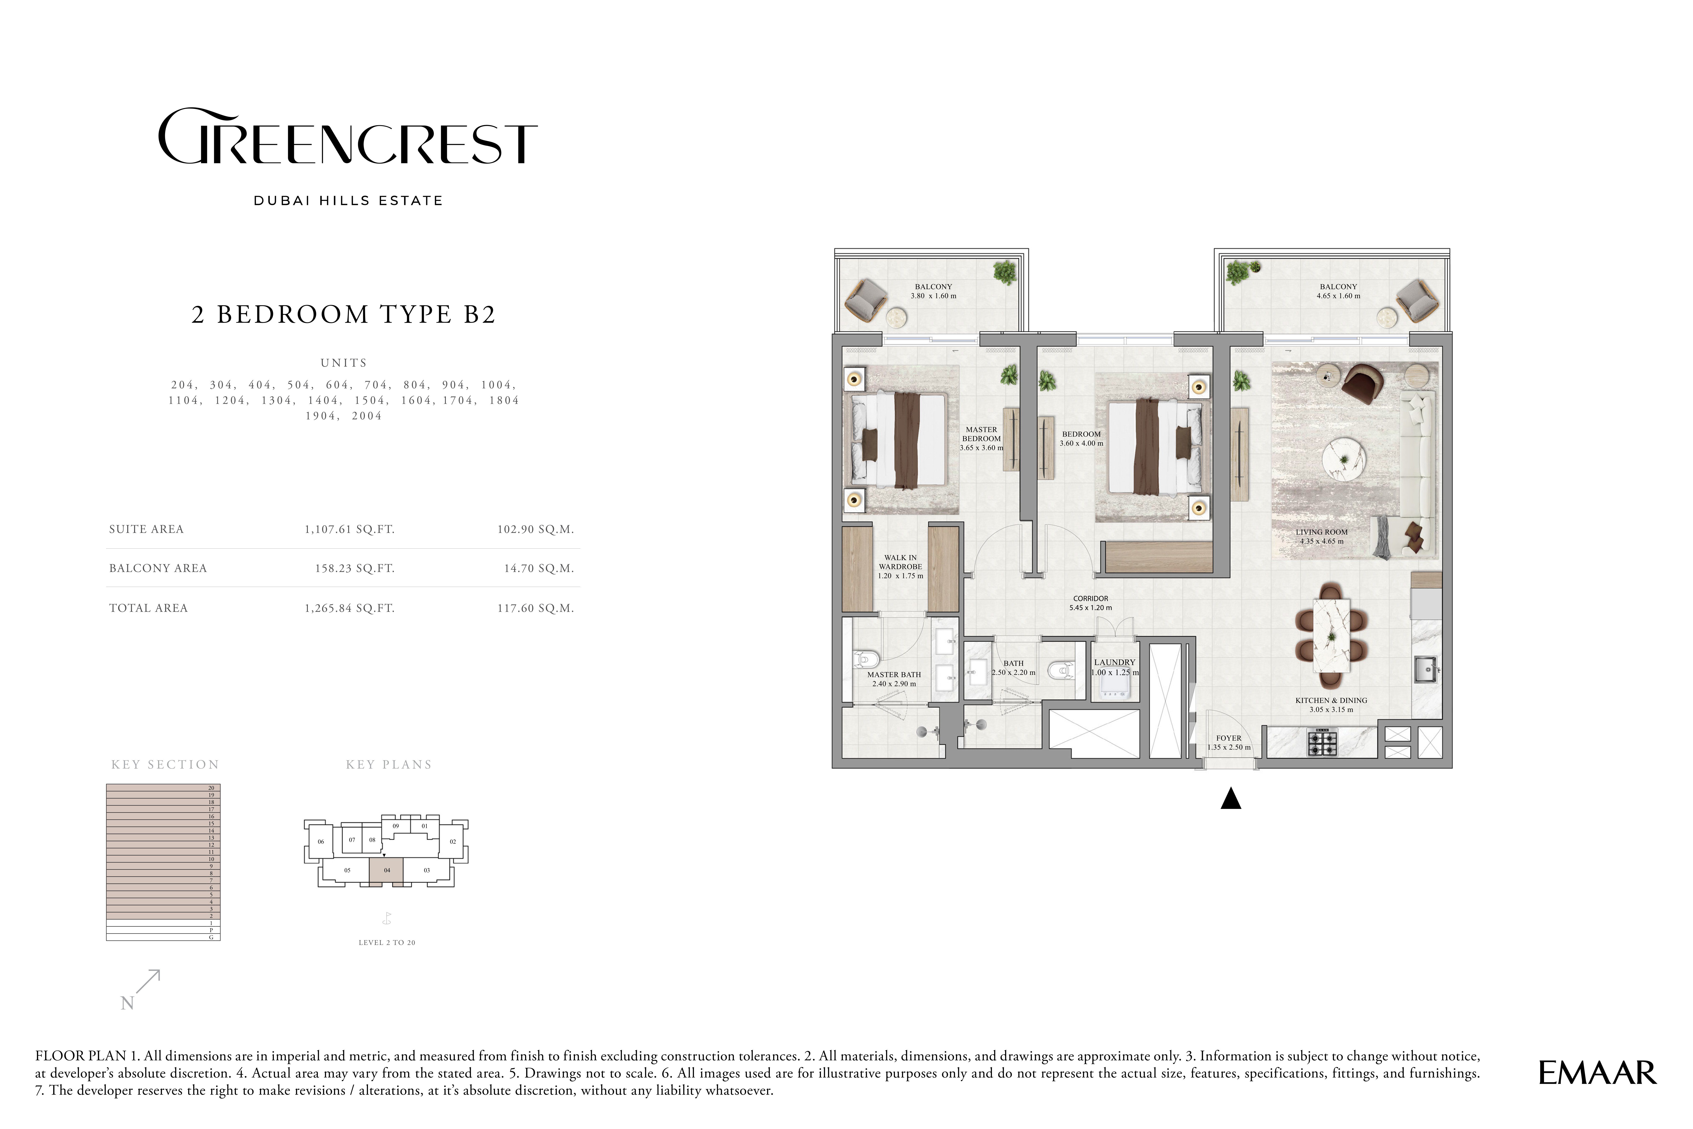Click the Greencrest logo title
coord(347,137)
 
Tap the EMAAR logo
coord(1597,1073)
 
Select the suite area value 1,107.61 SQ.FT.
coord(349,529)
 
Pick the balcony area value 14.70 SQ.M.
coord(539,568)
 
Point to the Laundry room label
coord(1114,662)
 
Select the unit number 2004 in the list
coord(367,415)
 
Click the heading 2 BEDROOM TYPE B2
coord(344,315)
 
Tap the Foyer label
coord(1229,738)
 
